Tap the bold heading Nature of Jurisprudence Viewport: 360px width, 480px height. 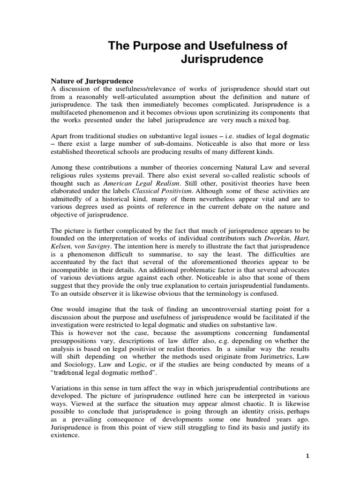(x=92, y=81)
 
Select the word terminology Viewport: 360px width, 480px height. (x=218, y=293)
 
